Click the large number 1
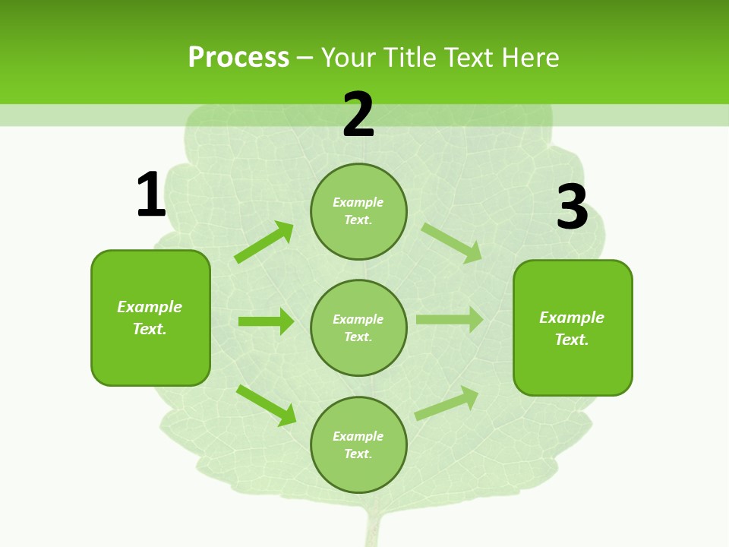coord(151,194)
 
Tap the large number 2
coord(358,115)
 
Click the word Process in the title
coord(238,57)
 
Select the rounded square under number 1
coord(150,318)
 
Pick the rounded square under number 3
coord(573,327)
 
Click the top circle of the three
coord(358,211)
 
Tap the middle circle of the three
coord(358,327)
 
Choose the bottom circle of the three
coord(358,444)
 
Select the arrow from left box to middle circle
coord(266,321)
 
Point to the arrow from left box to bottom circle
coord(267,405)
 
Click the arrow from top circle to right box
coord(452,242)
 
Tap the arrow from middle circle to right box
coord(450,320)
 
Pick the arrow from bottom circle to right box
coord(447,403)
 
